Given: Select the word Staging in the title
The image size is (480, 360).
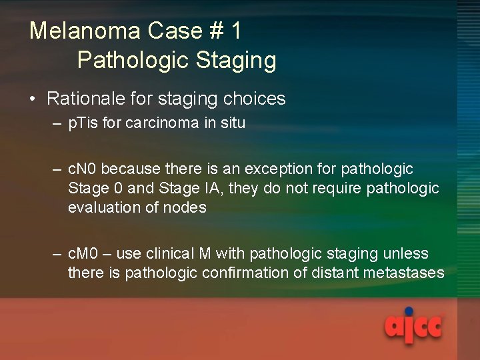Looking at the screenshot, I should [x=236, y=61].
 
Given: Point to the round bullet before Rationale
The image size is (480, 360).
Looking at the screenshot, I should [x=33, y=100].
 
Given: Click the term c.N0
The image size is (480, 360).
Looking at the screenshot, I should [x=83, y=169].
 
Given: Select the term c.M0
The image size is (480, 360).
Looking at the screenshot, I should [x=84, y=254].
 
